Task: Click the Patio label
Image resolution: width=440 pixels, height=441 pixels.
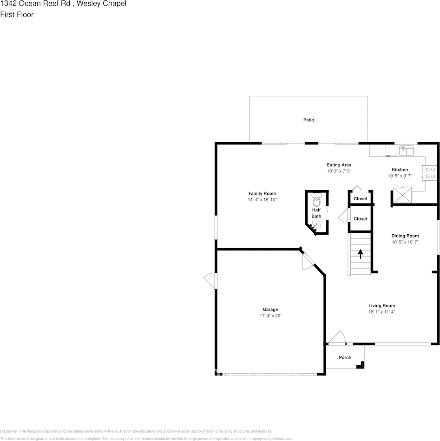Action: [309, 120]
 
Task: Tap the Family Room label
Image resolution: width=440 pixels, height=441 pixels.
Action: [262, 193]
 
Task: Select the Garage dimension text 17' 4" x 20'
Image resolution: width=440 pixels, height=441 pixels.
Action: [270, 316]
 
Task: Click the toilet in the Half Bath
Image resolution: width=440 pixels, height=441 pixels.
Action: [316, 201]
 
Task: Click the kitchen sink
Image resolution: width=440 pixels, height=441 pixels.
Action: [407, 151]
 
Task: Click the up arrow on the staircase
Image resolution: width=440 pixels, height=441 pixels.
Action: [360, 254]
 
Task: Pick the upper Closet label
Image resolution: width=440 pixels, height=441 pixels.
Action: [360, 198]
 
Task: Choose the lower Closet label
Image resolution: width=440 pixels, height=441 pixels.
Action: [360, 218]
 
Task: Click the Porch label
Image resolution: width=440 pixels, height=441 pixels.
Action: [345, 357]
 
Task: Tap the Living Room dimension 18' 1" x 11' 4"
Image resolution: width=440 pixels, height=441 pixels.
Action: [381, 312]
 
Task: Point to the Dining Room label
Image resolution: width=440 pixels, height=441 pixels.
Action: [405, 236]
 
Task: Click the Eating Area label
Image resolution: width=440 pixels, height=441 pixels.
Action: [339, 165]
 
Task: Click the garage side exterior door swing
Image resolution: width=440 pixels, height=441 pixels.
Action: [210, 281]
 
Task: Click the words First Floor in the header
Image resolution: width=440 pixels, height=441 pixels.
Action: [17, 14]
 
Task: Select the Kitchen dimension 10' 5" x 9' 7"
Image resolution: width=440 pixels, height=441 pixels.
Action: [400, 176]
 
